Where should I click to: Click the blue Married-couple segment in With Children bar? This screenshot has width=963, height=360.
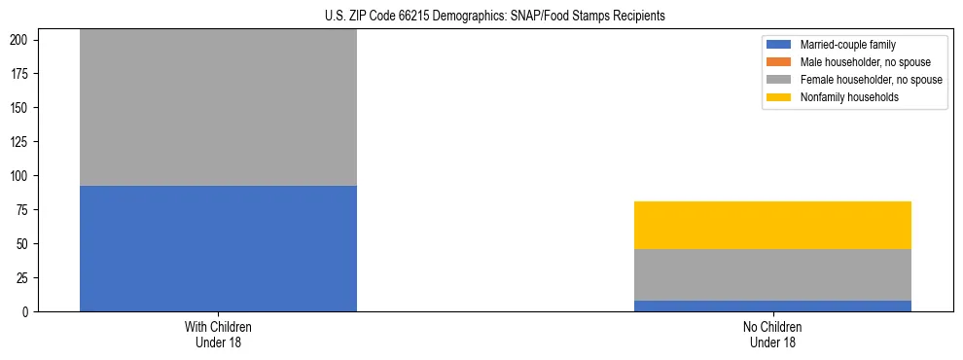click(218, 248)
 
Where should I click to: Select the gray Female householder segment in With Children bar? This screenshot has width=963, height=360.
click(218, 107)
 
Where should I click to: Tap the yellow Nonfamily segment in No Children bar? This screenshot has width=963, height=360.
click(772, 225)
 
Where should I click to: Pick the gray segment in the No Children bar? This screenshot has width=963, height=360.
click(772, 274)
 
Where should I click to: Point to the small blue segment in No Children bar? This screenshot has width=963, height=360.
click(772, 306)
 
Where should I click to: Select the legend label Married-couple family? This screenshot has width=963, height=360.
click(848, 45)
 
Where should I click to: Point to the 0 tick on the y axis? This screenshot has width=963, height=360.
click(29, 312)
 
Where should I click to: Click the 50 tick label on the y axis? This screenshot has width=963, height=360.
click(26, 244)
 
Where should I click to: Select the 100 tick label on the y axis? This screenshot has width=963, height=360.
click(23, 176)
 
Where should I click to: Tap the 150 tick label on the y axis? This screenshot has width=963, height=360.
click(23, 108)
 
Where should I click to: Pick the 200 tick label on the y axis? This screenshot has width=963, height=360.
click(23, 40)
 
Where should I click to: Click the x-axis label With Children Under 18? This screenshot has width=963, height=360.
click(218, 335)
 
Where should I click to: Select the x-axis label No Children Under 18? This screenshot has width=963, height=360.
click(772, 335)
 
